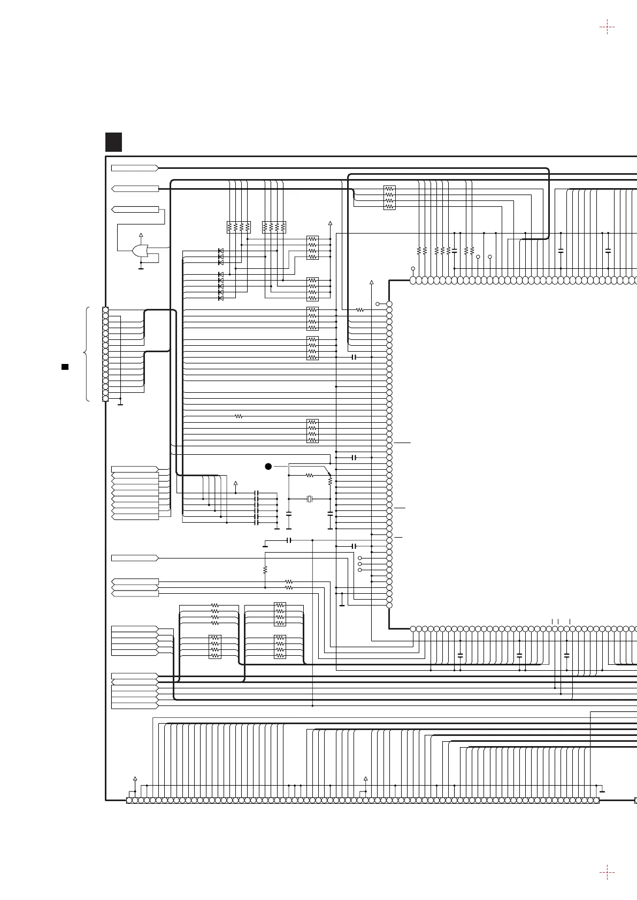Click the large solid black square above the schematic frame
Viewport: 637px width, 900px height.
pos(113,142)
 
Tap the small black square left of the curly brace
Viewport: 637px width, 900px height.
pos(64,367)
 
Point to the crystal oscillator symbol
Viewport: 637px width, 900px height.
pos(309,499)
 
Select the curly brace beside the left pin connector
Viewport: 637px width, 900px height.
pos(86,354)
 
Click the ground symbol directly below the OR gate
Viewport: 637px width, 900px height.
pos(141,268)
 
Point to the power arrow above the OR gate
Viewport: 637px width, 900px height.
pos(141,235)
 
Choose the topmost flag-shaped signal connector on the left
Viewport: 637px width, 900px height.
pos(135,168)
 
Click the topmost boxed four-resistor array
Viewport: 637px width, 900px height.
pos(389,197)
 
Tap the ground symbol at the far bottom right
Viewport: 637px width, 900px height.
pos(602,791)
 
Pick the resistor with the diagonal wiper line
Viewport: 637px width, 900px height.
pos(330,480)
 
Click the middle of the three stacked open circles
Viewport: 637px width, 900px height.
pos(359,564)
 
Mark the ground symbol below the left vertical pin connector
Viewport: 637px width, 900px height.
pos(120,404)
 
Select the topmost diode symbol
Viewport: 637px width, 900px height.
pos(221,251)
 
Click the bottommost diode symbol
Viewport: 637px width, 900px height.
pos(221,298)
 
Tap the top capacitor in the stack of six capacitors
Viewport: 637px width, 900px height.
pos(257,492)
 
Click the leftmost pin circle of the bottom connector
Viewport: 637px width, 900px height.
pos(129,800)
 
